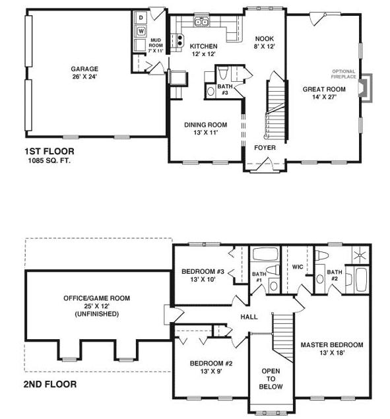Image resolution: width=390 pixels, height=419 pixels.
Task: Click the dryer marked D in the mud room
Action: pos(141,18)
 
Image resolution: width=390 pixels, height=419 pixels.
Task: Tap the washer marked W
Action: pos(141,31)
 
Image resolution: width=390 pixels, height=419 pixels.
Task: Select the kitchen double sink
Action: pos(202,22)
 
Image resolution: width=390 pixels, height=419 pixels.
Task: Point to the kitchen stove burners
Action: pos(179,40)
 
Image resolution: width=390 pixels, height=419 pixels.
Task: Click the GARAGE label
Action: pos(84,69)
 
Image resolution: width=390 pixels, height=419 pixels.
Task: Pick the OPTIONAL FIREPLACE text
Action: pos(344,74)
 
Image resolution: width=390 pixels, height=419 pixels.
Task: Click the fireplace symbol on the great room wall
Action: pos(365,88)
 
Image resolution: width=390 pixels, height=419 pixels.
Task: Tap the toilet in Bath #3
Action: pos(222,73)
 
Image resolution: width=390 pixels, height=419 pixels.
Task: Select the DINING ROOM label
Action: pos(206,125)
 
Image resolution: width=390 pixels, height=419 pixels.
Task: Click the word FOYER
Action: pos(265,148)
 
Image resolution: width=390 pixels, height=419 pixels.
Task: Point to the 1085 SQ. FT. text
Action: pos(49,160)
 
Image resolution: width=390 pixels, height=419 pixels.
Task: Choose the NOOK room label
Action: pos(265,39)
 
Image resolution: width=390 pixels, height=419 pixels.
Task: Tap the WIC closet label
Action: pos(298,267)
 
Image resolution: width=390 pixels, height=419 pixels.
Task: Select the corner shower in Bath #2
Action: pos(360,255)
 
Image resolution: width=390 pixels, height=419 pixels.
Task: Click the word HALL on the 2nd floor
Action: pos(249,317)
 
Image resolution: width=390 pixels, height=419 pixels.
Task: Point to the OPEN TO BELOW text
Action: pos(271,379)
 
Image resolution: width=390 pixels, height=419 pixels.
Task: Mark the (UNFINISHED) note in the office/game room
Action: pos(97,313)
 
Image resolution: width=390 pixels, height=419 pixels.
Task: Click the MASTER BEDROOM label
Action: pos(332,344)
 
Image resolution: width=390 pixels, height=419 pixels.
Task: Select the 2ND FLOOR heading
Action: pos(50,384)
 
